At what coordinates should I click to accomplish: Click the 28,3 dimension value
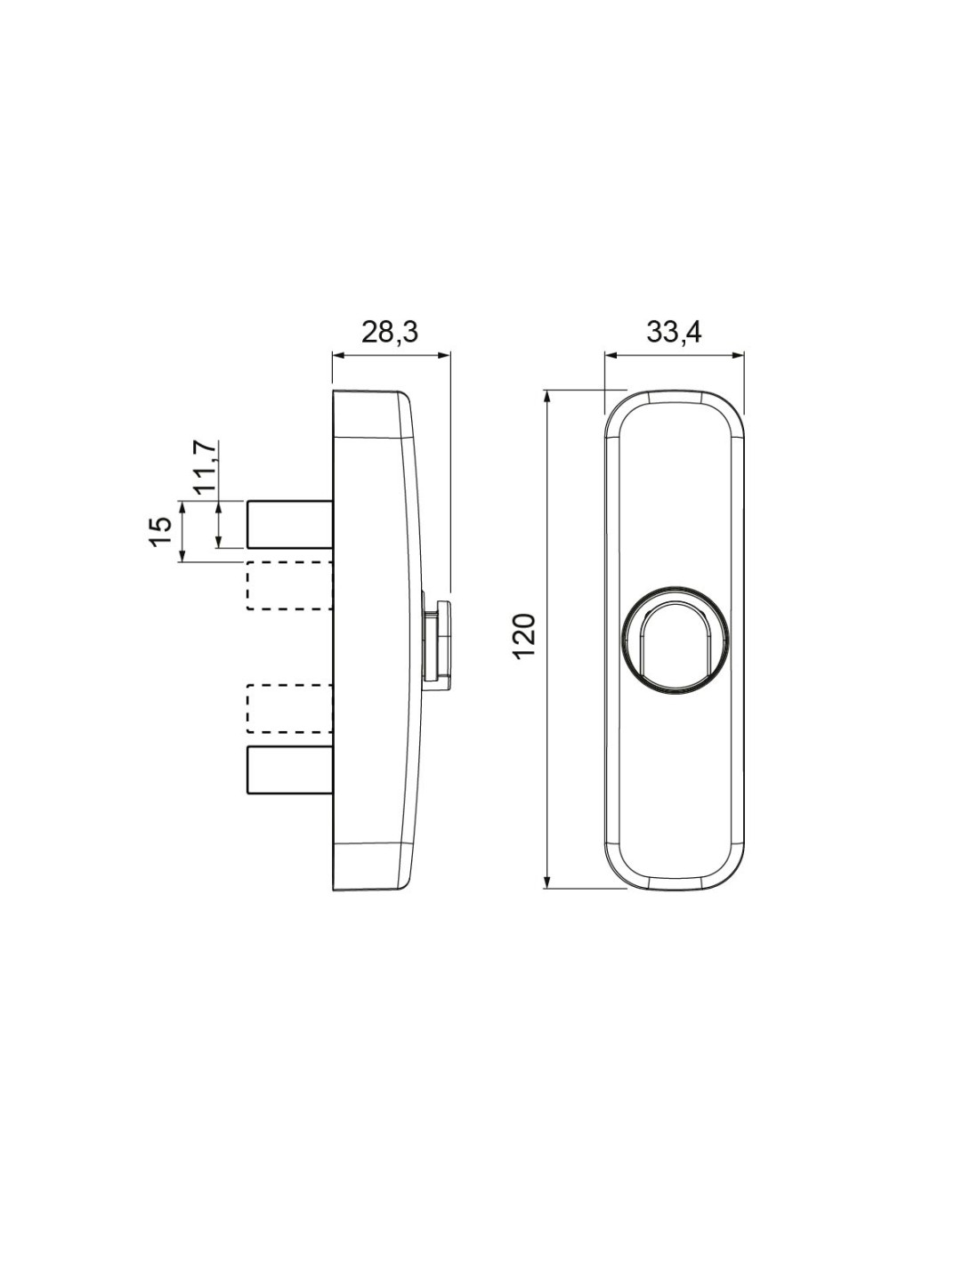coord(390,332)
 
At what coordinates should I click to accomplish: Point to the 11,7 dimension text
coord(206,469)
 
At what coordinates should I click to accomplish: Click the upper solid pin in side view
coord(289,524)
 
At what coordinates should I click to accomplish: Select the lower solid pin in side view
coord(289,770)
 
